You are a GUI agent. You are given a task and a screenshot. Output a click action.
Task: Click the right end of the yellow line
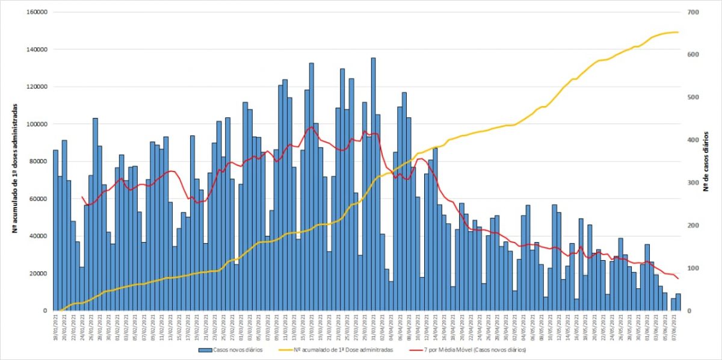click(x=678, y=32)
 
